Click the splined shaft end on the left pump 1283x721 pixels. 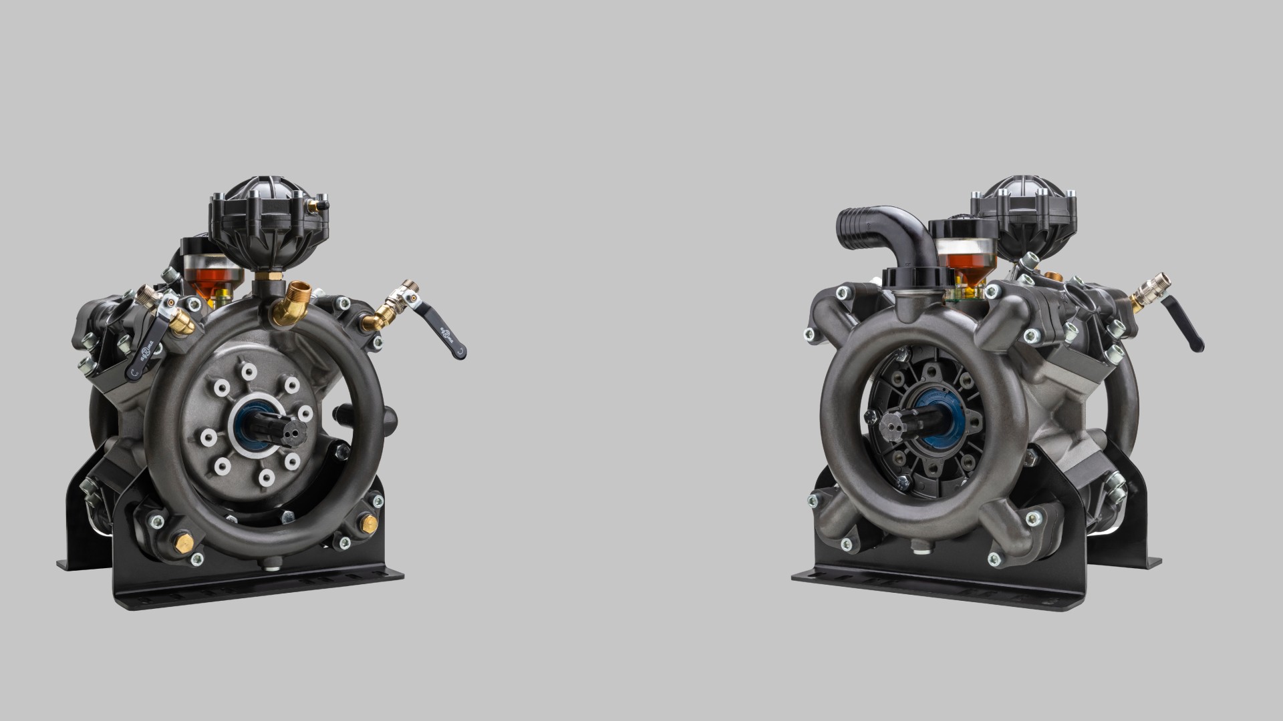click(285, 425)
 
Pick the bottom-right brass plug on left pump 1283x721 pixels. click(366, 525)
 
